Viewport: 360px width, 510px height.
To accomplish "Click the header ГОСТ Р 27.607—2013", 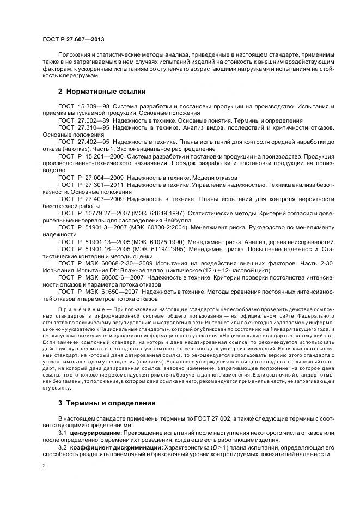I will coord(74,40).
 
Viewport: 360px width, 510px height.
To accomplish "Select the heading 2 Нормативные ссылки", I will coord(102,90).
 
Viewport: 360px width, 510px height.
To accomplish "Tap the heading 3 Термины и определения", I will coord(107,403).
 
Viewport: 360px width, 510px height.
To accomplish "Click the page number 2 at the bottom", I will coord(44,466).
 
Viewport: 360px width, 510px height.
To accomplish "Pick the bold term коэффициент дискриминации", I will coord(106,447).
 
